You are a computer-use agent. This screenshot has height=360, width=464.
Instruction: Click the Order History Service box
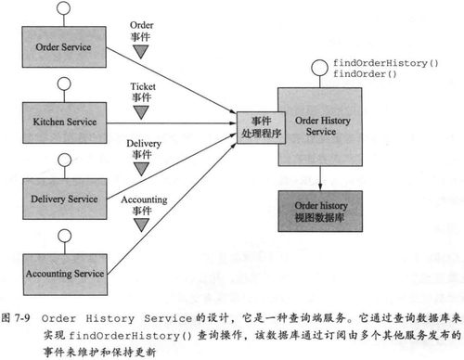click(x=318, y=121)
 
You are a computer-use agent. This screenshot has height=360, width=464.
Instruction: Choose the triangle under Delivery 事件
click(x=141, y=168)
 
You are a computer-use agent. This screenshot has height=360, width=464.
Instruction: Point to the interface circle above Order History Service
click(x=317, y=67)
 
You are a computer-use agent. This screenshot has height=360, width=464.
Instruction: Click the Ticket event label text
click(x=141, y=90)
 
